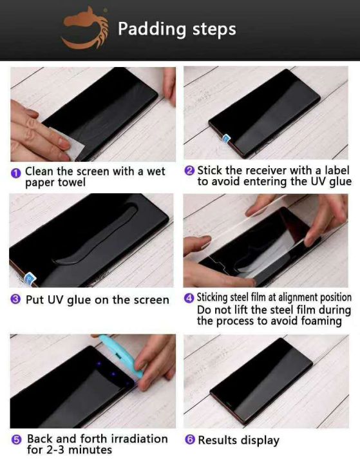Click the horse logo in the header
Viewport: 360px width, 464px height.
pos(85,28)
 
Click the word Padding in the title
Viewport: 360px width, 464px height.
pos(152,30)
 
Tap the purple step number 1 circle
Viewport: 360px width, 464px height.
pos(16,173)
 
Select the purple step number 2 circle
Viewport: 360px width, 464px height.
pos(189,171)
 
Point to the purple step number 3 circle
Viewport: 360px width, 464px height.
pos(15,299)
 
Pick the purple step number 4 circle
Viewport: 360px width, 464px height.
pos(189,298)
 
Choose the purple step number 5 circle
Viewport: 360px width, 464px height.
pos(16,440)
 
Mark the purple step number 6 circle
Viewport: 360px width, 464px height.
pos(190,440)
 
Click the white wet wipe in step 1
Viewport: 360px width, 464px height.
pos(68,142)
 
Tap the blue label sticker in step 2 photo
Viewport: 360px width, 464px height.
pos(227,138)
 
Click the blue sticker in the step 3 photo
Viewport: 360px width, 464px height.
pos(30,278)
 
